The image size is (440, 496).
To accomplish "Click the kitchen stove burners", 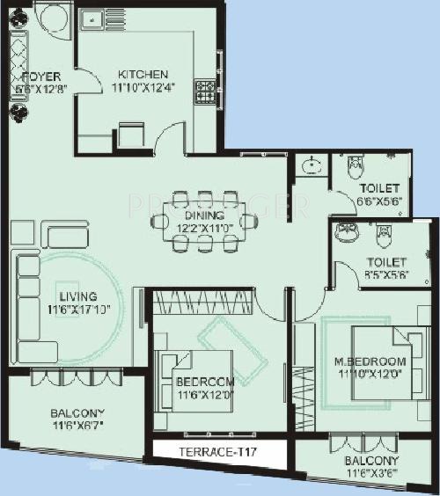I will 205,89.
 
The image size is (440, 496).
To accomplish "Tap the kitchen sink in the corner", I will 91,19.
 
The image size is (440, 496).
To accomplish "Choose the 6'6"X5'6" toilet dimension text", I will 378,201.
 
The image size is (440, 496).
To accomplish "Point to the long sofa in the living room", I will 24,303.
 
